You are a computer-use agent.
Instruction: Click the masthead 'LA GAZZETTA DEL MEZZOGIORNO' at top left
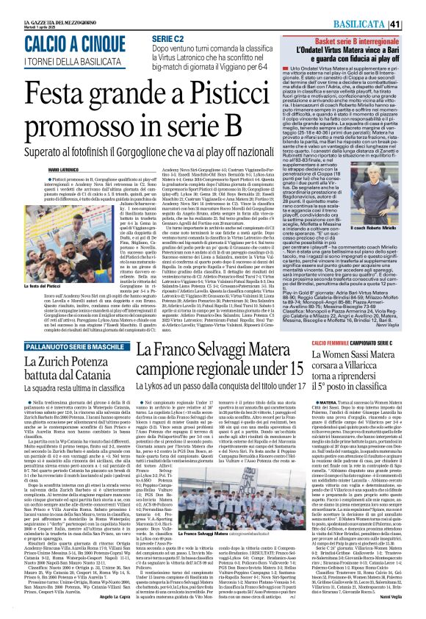[43, 7]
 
